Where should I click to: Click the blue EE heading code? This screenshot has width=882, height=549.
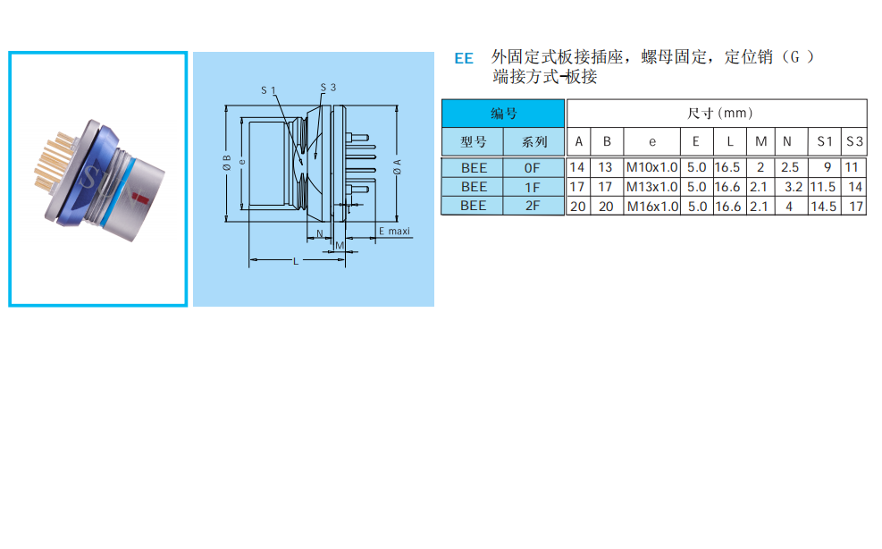(464, 59)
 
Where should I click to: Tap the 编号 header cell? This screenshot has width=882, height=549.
(503, 114)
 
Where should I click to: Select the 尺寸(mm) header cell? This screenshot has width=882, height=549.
(717, 114)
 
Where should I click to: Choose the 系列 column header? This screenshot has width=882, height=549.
(533, 141)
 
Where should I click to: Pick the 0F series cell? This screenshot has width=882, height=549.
(533, 167)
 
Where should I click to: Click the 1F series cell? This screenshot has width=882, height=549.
(533, 187)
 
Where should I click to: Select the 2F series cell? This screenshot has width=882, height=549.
(533, 206)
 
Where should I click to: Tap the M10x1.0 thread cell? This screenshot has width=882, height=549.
(651, 167)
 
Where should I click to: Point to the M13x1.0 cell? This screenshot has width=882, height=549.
(651, 187)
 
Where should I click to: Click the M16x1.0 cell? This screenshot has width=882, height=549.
(651, 206)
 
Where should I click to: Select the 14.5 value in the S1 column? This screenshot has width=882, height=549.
(823, 206)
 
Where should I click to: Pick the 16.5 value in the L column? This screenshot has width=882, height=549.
(727, 167)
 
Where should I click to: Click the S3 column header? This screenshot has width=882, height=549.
(854, 141)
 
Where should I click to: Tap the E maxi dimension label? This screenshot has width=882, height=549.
(393, 231)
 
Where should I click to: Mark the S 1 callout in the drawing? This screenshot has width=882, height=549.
(269, 90)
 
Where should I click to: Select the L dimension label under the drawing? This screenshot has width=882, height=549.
(296, 260)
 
